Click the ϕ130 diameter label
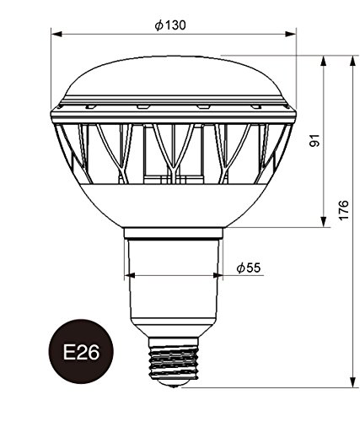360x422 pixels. (x=170, y=25)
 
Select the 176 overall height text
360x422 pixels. (x=343, y=210)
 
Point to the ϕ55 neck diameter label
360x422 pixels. (x=249, y=268)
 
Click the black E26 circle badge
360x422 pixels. (x=81, y=351)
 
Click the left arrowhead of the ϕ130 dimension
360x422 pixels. (x=56, y=34)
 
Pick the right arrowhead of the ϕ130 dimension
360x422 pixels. (x=291, y=34)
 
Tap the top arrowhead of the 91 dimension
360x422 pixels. (x=324, y=61)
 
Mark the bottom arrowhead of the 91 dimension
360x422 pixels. (x=324, y=221)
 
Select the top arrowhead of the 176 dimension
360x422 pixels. (x=352, y=61)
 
